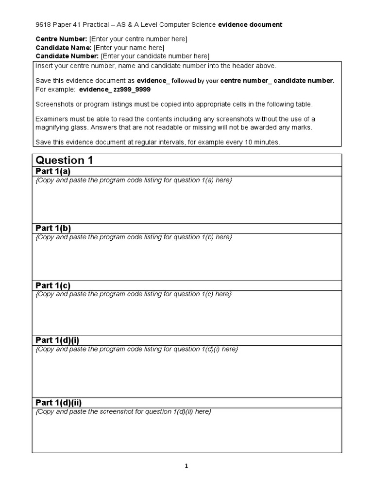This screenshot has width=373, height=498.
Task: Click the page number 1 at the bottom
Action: pyautogui.click(x=186, y=466)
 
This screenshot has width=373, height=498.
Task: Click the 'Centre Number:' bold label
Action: pyautogui.click(x=62, y=39)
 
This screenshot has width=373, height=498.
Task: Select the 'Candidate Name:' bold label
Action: pyautogui.click(x=64, y=48)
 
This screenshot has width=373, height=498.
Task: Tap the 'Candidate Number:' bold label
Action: pyautogui.click(x=67, y=56)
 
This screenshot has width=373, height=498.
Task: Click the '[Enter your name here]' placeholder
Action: pyautogui.click(x=129, y=48)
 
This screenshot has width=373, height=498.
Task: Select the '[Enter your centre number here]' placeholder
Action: pyautogui.click(x=138, y=39)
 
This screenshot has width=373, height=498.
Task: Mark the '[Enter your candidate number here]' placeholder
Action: pyautogui.click(x=155, y=56)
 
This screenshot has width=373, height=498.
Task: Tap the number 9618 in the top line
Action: pyautogui.click(x=44, y=24)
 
